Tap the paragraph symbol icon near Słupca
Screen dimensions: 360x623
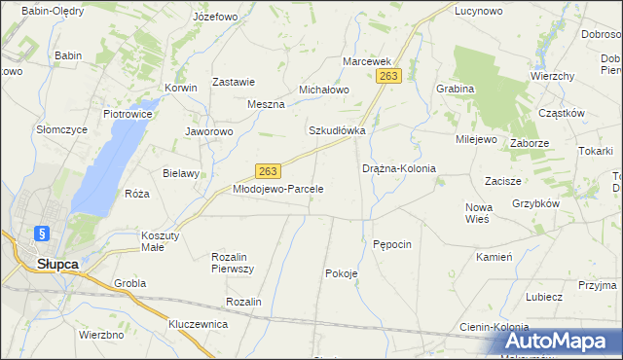pyautogui.click(x=40, y=234)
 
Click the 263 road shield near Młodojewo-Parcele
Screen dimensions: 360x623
pyautogui.click(x=270, y=170)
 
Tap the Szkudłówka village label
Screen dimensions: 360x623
pyautogui.click(x=337, y=130)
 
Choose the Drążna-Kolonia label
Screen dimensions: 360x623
pyautogui.click(x=398, y=168)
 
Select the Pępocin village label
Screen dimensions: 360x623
pyautogui.click(x=393, y=243)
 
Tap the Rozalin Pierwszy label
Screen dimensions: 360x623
pyautogui.click(x=233, y=262)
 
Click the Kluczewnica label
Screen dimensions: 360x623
pyautogui.click(x=198, y=323)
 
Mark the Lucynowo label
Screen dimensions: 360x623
pyautogui.click(x=479, y=12)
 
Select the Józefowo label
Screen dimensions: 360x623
pyautogui.click(x=215, y=18)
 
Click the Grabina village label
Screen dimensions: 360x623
pyautogui.click(x=456, y=89)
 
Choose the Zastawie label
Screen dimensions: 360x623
pyautogui.click(x=234, y=83)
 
